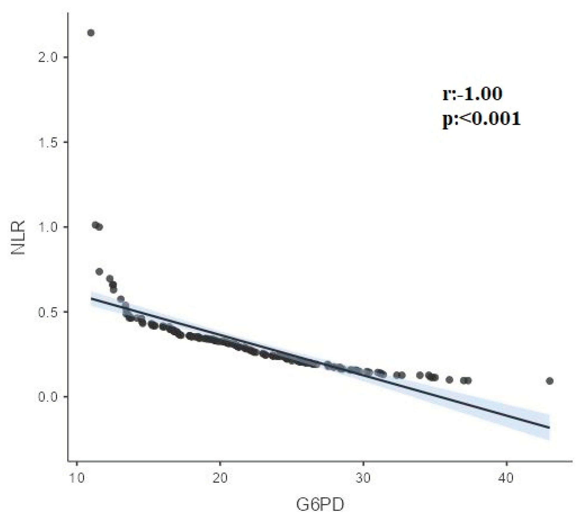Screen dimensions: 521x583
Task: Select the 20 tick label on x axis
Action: coord(220,478)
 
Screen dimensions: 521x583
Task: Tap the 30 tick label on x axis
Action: coord(363,478)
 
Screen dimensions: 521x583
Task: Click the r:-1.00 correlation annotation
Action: coord(472,94)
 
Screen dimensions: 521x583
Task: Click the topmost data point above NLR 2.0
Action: coord(91,33)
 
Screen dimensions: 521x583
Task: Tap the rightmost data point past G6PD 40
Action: coord(550,381)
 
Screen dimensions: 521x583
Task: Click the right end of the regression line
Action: coord(549,428)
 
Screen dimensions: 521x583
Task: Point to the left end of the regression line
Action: coord(91,298)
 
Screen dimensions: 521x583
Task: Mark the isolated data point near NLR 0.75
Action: coord(99,272)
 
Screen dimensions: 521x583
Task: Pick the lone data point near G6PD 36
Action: coord(449,380)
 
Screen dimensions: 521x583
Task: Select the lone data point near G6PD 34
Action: coord(420,375)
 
